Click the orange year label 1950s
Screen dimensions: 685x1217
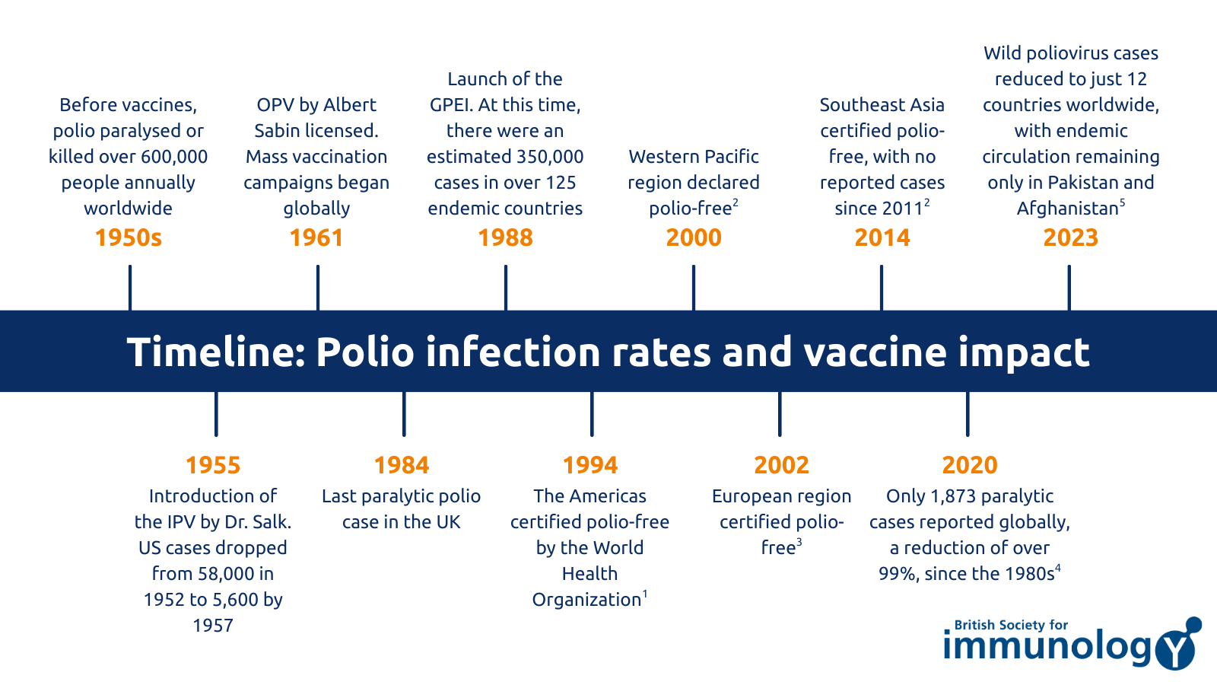129,238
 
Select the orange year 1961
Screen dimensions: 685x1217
316,238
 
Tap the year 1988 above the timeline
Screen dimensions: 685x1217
505,238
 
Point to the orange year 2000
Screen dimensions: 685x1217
694,238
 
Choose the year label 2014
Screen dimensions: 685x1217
882,238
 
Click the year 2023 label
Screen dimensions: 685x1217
1071,238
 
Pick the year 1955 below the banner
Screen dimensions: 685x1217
213,465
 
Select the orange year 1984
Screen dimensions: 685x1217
402,465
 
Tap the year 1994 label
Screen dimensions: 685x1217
590,465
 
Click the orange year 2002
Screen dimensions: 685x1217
782,465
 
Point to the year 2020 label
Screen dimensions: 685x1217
970,465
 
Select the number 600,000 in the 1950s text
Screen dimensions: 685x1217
171,157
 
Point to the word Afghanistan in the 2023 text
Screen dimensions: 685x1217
1067,209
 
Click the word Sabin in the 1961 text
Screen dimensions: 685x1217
277,131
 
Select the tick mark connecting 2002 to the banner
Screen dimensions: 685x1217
780,414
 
